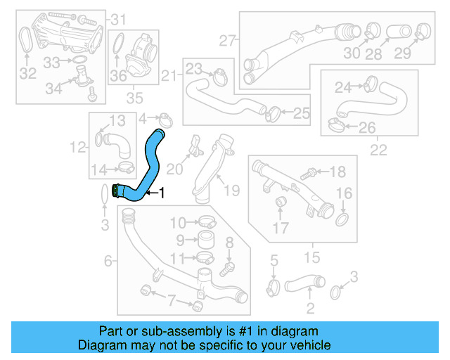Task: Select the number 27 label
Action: pyautogui.click(x=225, y=40)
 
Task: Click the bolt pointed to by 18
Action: pyautogui.click(x=309, y=172)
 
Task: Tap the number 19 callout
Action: pyautogui.click(x=231, y=189)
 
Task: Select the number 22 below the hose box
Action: pyautogui.click(x=378, y=149)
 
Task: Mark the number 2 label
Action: pyautogui.click(x=309, y=307)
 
